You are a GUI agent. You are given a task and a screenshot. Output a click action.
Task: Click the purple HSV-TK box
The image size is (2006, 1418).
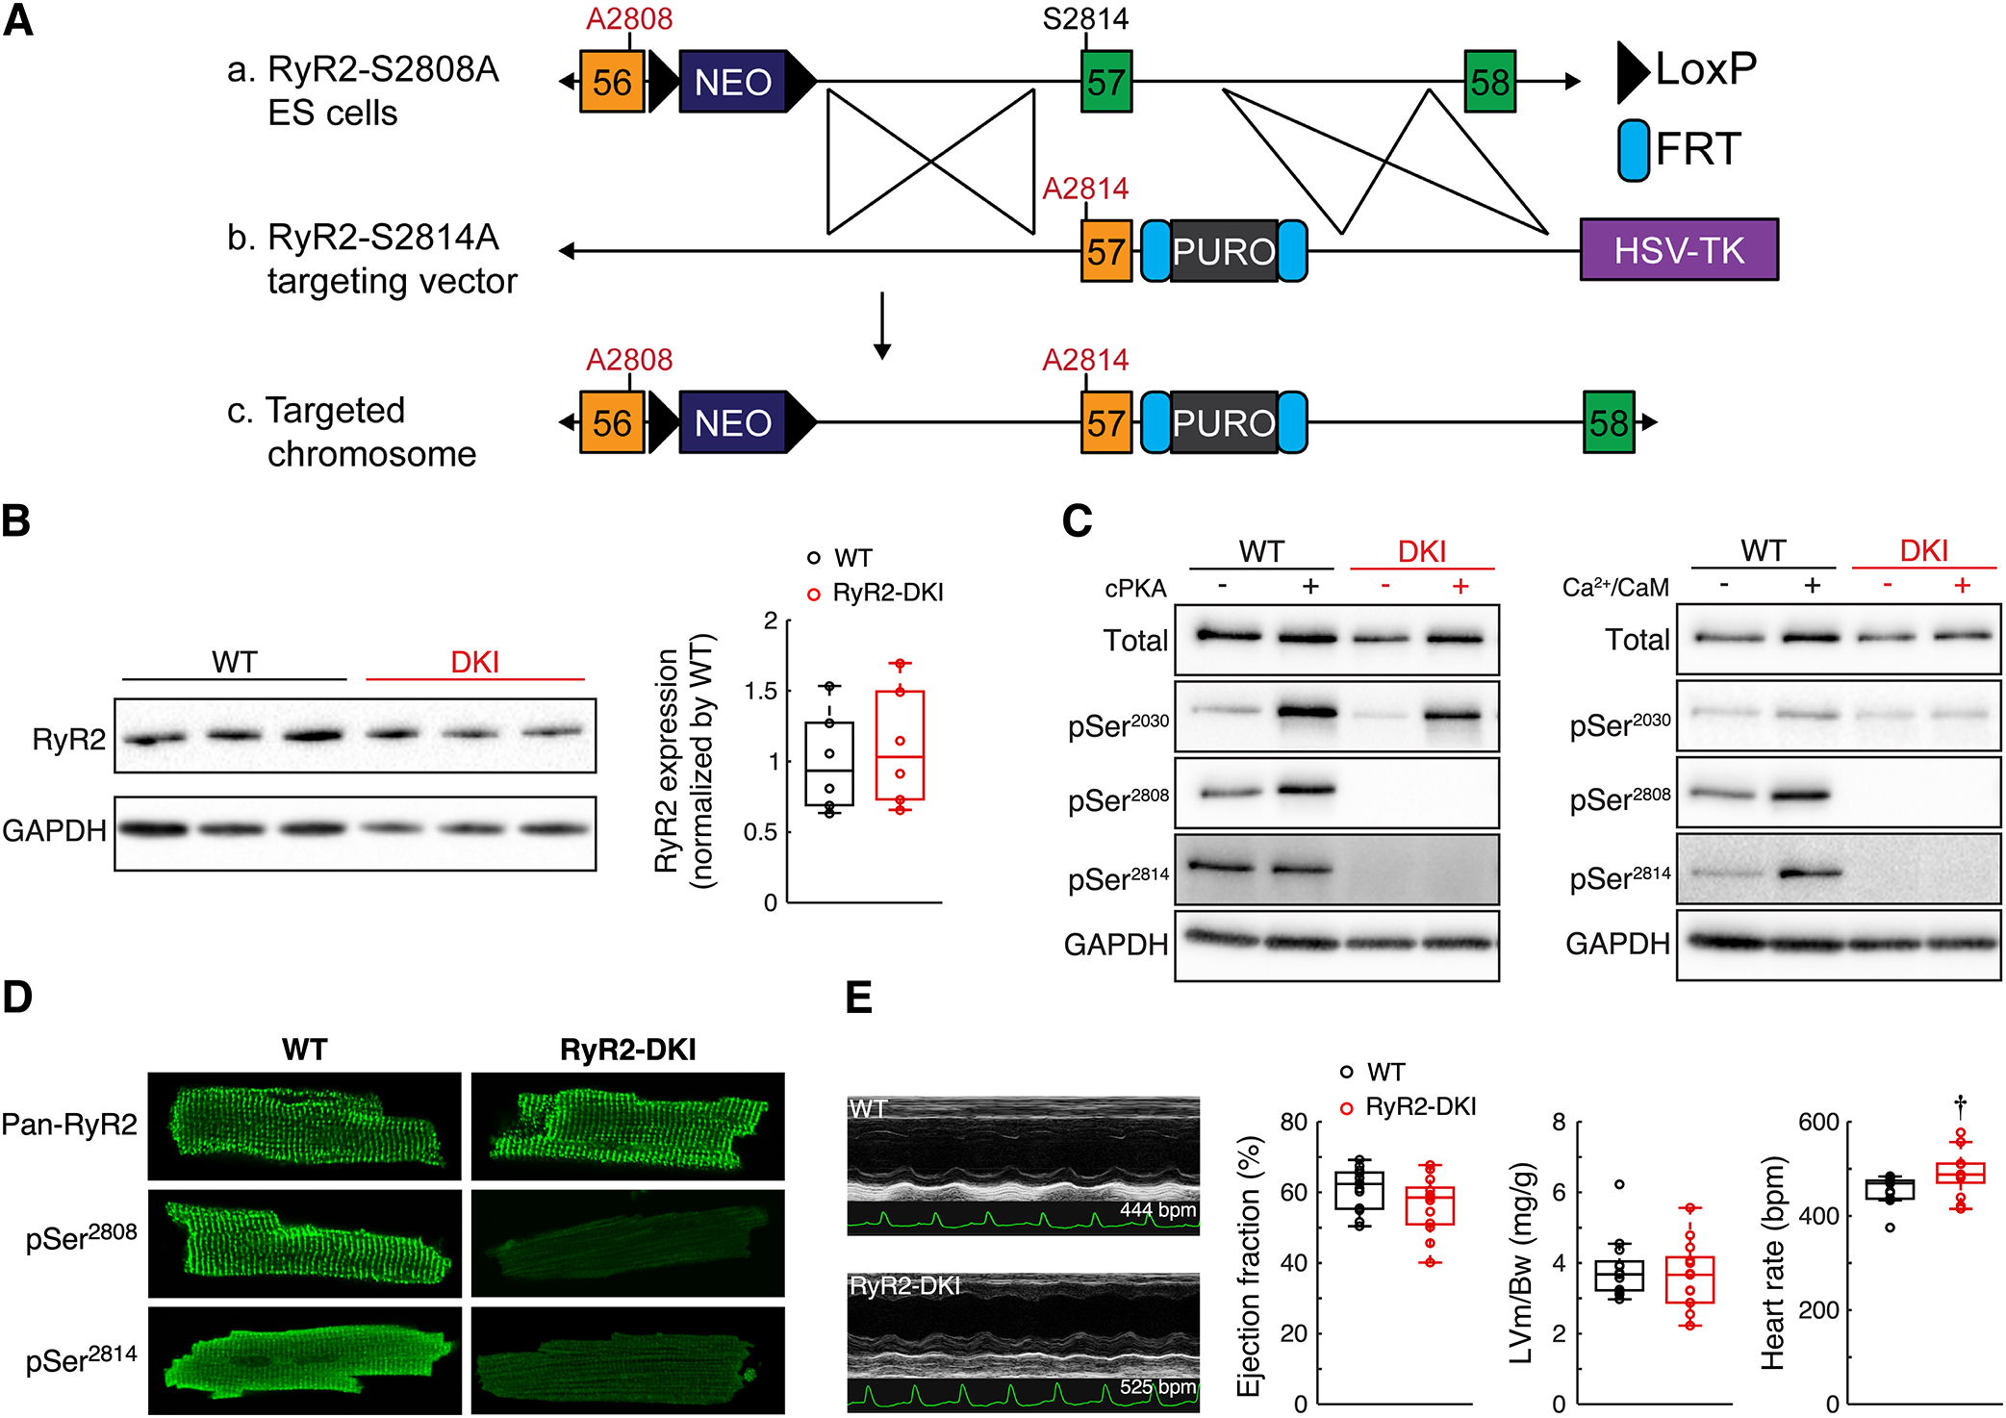tap(1679, 250)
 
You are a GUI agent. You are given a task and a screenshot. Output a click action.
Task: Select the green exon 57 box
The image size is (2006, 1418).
tap(1105, 82)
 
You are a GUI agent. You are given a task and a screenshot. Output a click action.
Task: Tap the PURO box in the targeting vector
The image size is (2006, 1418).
tap(1224, 251)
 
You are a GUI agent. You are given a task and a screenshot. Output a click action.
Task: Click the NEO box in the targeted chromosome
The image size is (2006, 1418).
tap(733, 422)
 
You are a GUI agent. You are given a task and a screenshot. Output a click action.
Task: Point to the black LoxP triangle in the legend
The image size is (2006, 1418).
tap(1633, 71)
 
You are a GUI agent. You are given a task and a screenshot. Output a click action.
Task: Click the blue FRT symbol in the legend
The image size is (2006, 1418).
tap(1634, 150)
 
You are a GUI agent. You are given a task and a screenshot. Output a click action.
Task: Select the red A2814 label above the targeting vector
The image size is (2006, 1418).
tap(1085, 189)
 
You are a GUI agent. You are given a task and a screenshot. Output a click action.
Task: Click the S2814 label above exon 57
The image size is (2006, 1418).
tap(1085, 18)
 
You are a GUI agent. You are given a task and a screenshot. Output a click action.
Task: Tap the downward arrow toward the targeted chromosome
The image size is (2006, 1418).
tap(881, 327)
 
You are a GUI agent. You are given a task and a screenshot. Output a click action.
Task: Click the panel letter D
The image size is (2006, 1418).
tap(17, 998)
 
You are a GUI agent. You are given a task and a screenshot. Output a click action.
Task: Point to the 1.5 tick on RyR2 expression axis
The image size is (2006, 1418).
tap(761, 691)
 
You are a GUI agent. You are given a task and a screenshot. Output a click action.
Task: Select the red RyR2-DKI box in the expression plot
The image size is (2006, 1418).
tap(900, 745)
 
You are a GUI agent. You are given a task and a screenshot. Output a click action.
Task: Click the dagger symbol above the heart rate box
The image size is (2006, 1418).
tap(1960, 1102)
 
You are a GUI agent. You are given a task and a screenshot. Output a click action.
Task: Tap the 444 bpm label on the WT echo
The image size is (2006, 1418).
tap(1157, 1210)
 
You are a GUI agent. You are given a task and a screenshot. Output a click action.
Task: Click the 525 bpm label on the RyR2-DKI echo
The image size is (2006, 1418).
tap(1157, 1387)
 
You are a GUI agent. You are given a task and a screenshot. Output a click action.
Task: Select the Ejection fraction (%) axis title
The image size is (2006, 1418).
tap(1248, 1266)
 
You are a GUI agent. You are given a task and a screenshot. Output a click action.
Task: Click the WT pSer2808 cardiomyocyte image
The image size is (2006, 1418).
tap(304, 1243)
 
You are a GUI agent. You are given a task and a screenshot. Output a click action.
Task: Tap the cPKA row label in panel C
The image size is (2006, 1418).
tap(1135, 588)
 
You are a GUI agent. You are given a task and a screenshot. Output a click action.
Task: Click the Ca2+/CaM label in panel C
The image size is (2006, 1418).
tap(1615, 587)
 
